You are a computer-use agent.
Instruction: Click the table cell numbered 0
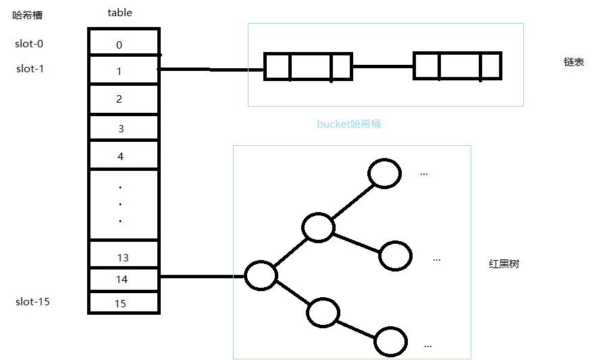tap(124, 45)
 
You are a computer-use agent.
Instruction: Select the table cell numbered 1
tap(124, 70)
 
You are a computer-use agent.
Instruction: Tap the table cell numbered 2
tap(124, 99)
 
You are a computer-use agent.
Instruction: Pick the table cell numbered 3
tap(124, 128)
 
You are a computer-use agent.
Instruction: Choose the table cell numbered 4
tap(124, 155)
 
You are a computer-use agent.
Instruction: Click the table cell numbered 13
tap(124, 256)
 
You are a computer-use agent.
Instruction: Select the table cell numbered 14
tap(124, 278)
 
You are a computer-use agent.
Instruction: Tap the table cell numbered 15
tap(124, 303)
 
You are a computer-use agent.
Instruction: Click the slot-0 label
tap(30, 44)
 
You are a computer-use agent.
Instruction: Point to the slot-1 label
tap(30, 68)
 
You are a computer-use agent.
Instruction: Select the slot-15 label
tap(32, 301)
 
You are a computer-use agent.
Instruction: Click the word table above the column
tap(120, 13)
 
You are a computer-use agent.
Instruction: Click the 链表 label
tap(573, 61)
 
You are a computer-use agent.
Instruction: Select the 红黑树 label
tap(504, 263)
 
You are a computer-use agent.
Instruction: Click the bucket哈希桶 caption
tap(349, 124)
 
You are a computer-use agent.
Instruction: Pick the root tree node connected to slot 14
tap(261, 276)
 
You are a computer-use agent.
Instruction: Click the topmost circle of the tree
tap(384, 174)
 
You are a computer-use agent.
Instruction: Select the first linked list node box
tap(308, 66)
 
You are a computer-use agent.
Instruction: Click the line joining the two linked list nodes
tap(382, 66)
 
